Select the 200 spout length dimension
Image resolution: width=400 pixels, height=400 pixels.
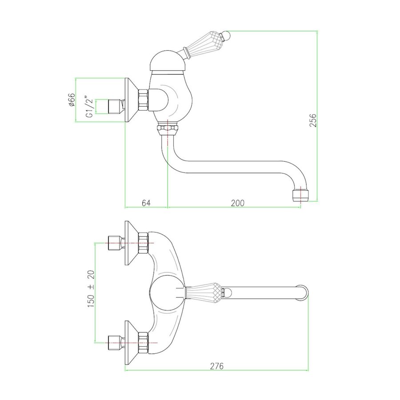(x=238, y=203)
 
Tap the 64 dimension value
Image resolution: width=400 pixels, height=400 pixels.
(x=146, y=203)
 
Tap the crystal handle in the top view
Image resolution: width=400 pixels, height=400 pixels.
(x=204, y=292)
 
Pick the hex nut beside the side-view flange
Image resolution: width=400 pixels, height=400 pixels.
(x=143, y=100)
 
